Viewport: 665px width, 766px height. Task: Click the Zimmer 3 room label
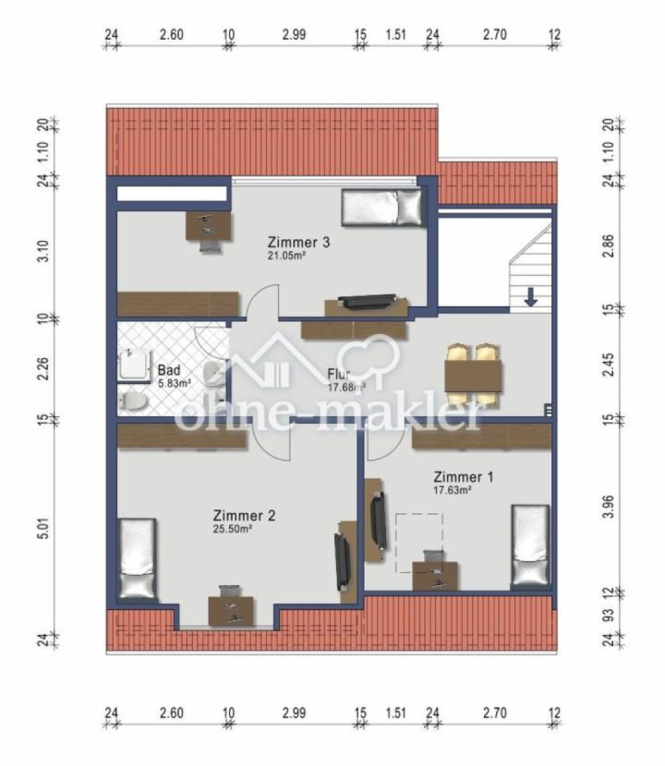point(298,243)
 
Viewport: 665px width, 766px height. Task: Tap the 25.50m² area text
point(233,529)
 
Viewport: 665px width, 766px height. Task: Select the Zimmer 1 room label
point(464,477)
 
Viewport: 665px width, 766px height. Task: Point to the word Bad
point(169,371)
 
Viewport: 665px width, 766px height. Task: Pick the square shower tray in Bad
point(135,365)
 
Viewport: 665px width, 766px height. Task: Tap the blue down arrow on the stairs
point(530,297)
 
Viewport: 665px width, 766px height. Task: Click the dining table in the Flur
point(473,376)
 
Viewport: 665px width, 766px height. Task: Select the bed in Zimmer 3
point(381,208)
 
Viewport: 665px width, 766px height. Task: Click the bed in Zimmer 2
point(138,558)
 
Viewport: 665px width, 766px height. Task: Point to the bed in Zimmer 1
point(530,545)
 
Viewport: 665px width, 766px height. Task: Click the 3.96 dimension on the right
point(609,507)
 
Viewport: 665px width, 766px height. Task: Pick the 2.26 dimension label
point(43,368)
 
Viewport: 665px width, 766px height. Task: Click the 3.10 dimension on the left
point(43,251)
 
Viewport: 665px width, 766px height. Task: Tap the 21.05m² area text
point(287,255)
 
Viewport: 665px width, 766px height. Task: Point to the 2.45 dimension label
point(609,365)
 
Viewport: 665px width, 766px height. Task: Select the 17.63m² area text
point(453,490)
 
